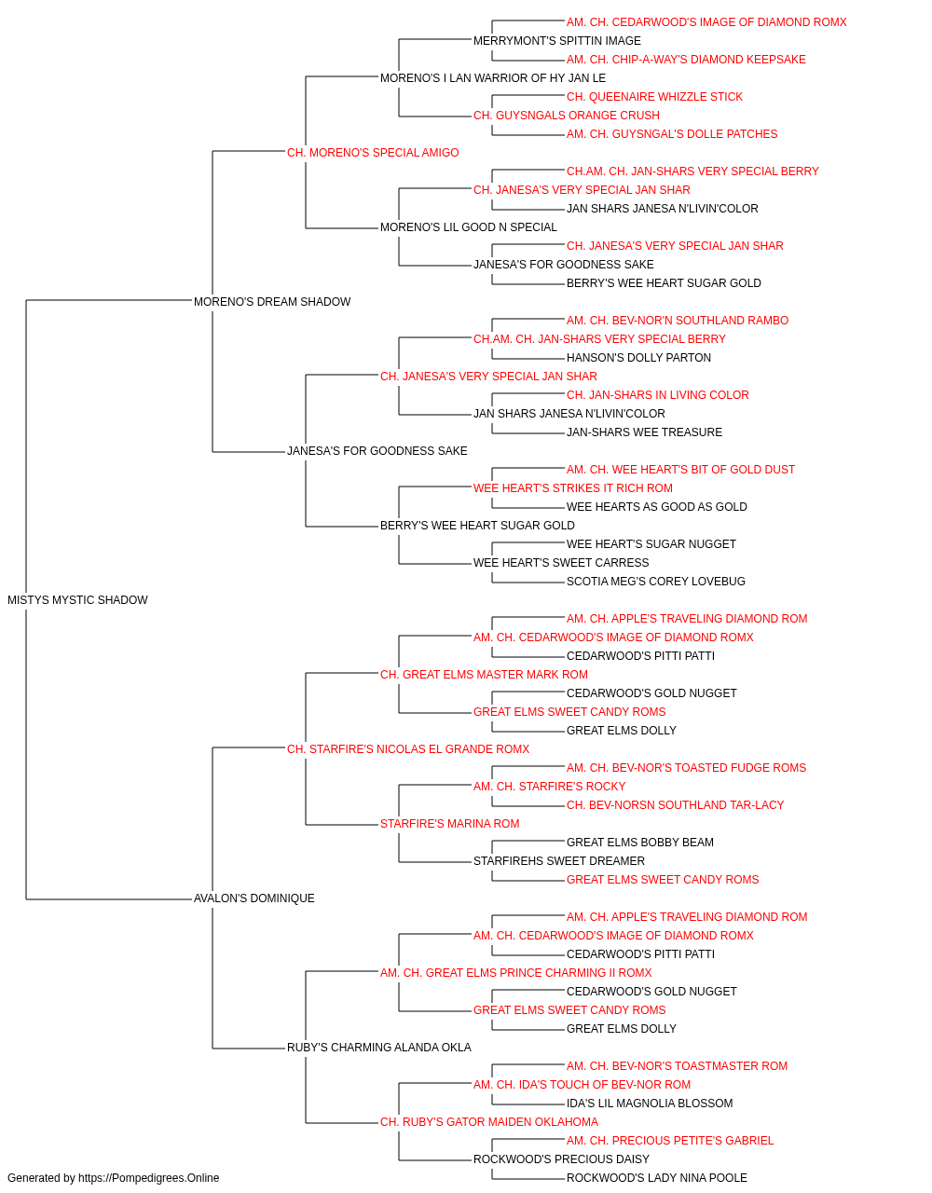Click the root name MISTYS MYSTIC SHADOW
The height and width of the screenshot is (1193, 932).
point(77,600)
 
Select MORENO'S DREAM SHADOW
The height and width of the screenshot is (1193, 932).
point(272,302)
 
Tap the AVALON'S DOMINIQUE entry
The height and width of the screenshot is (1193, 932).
point(254,898)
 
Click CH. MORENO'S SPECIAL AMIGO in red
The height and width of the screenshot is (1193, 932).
point(373,153)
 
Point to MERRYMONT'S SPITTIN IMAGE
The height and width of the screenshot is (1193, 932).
point(557,41)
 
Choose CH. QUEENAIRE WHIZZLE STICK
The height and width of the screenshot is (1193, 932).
point(654,97)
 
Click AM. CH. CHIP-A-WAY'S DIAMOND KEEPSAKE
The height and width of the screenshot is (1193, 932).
point(686,60)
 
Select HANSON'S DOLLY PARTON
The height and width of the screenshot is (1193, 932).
point(638,358)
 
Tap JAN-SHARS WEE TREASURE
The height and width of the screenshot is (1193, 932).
point(644,432)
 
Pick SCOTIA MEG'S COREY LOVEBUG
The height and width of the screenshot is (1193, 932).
point(656,582)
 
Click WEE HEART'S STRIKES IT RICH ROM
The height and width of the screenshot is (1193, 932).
point(573,488)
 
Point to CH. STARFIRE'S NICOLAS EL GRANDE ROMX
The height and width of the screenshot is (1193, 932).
point(408,749)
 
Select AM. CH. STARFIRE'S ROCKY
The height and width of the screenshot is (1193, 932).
point(550,787)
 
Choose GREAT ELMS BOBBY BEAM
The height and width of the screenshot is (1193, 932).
point(640,843)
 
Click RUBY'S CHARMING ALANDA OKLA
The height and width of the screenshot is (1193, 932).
point(378,1048)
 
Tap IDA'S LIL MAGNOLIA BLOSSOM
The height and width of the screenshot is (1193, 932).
point(650,1104)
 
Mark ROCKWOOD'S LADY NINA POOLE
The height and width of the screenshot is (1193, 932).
point(656,1178)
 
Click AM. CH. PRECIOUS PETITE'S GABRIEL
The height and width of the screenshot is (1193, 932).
point(670,1141)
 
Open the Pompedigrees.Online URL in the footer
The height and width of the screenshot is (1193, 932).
point(149,1178)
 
